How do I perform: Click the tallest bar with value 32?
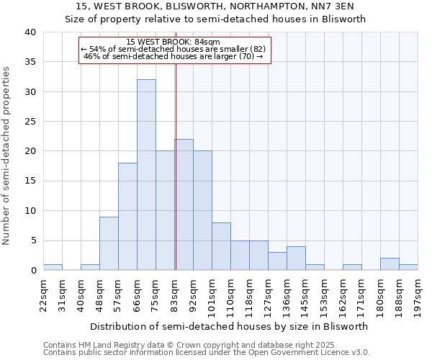coord(146,175)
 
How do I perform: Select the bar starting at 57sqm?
coord(127,216)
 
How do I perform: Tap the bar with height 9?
coord(109,243)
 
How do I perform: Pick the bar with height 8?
coord(221,246)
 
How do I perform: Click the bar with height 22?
coord(184,204)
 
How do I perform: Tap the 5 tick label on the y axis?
coord(32,240)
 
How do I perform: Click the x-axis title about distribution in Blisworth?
coord(230,326)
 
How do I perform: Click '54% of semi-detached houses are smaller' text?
coord(174,49)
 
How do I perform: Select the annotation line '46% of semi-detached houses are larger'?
coord(174,56)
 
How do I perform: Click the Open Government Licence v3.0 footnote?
coord(207,353)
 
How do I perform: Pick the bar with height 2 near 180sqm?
coord(390,264)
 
